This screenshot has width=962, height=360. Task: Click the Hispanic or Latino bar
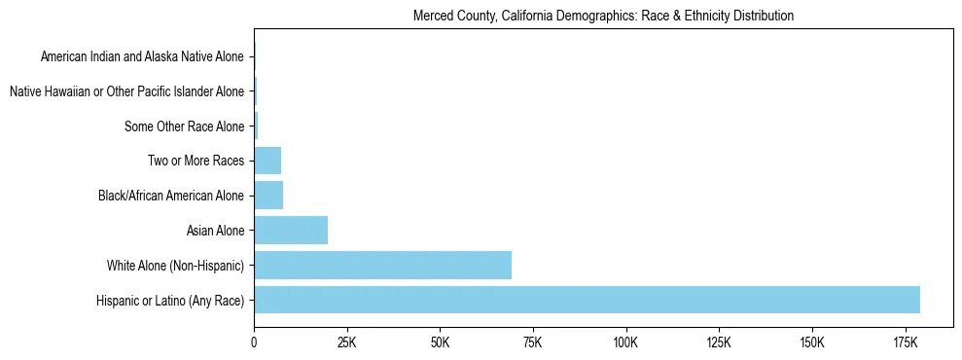(587, 300)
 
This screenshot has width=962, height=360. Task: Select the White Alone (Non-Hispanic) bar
(382, 265)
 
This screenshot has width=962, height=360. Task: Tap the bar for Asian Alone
(291, 231)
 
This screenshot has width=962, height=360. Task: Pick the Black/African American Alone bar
(268, 196)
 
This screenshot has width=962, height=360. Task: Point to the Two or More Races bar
(267, 161)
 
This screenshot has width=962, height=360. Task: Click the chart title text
(603, 16)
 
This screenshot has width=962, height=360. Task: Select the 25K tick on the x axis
(346, 343)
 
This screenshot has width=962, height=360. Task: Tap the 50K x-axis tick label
(440, 343)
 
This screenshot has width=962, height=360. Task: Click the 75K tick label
(532, 343)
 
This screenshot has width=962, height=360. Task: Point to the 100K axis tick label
(625, 343)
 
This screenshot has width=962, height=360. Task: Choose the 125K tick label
(718, 343)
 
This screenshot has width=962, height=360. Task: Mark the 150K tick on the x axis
(811, 343)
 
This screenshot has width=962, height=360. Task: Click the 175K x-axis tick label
(905, 343)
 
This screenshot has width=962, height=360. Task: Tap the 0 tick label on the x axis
(254, 343)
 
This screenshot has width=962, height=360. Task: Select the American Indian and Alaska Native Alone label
(142, 56)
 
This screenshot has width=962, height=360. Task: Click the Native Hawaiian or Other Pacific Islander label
(126, 91)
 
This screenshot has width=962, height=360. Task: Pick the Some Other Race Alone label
(185, 126)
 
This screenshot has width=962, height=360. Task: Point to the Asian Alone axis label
(215, 231)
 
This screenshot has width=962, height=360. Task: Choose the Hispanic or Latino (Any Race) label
(170, 301)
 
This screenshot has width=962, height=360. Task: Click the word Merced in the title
(433, 16)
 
